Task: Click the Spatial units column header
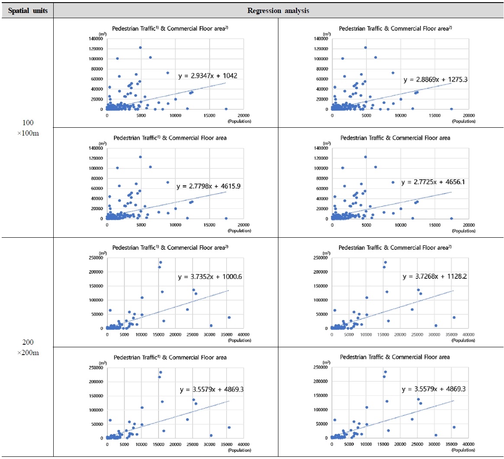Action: tap(27, 10)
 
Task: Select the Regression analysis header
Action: tap(278, 10)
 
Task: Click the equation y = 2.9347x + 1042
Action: tap(207, 76)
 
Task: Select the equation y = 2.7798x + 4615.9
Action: tap(207, 186)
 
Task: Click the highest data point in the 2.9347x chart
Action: tap(140, 48)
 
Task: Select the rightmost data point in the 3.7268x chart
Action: tap(454, 317)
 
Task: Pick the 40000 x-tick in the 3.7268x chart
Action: tap(469, 334)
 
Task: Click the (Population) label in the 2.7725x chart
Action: tap(464, 230)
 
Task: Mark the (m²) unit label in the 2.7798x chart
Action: tap(102, 143)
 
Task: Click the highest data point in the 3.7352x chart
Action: tap(161, 262)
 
